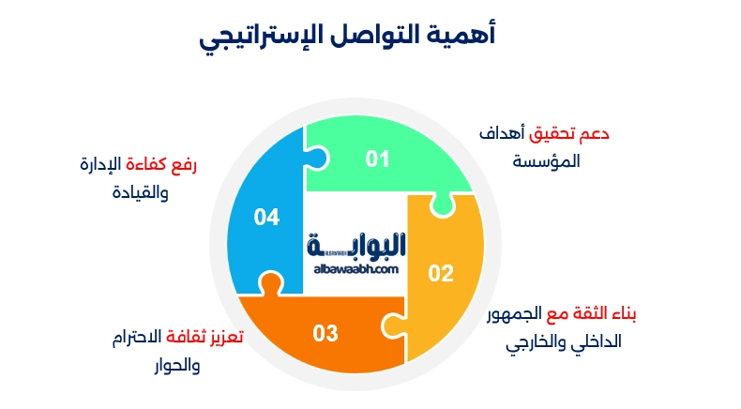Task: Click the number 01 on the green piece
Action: point(377,159)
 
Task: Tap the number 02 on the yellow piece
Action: point(441,274)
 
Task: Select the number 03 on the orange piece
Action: point(325,332)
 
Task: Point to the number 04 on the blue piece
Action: point(267,218)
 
